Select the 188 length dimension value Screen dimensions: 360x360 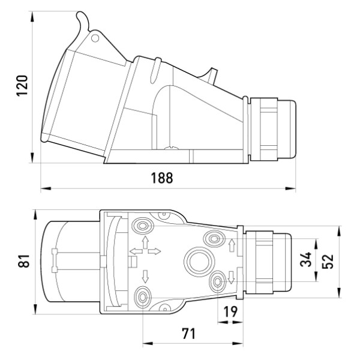[161, 178]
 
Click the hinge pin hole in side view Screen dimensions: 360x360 [96, 37]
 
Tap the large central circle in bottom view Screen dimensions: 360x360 [197, 261]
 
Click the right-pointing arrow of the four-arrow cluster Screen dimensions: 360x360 [154, 251]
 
